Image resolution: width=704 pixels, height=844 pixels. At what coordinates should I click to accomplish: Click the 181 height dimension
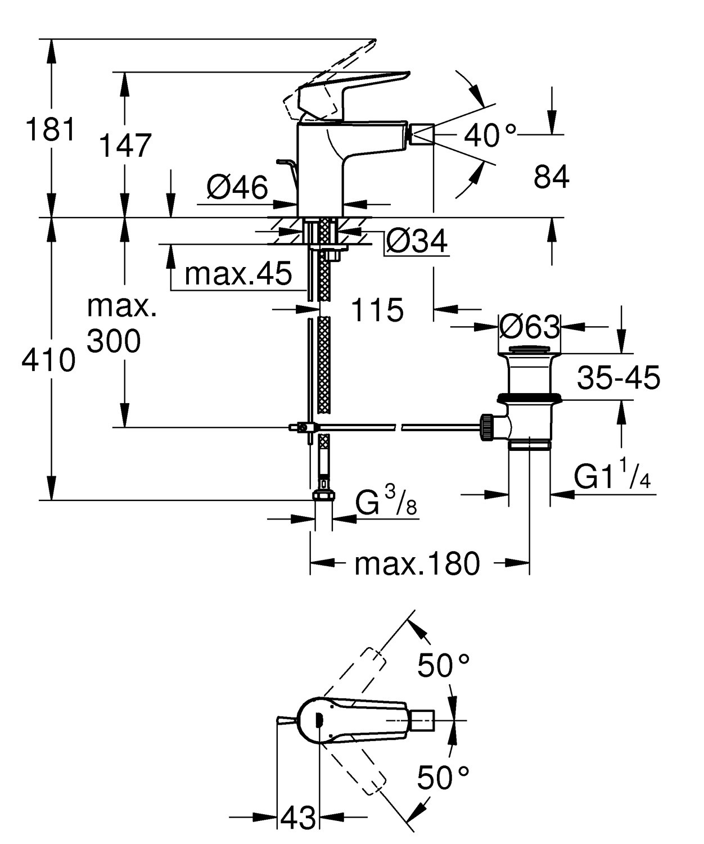[50, 130]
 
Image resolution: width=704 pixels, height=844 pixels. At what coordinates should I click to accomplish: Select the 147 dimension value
[125, 146]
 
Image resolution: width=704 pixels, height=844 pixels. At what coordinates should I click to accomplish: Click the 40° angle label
[490, 136]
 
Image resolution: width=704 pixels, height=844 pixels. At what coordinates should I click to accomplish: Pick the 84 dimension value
[551, 177]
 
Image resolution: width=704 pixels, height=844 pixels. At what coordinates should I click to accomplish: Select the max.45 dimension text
[238, 274]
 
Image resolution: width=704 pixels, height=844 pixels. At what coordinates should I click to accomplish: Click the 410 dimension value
[48, 360]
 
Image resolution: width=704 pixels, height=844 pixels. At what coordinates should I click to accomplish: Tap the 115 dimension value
[377, 310]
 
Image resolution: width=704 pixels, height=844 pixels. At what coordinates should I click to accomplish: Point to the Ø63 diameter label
[530, 327]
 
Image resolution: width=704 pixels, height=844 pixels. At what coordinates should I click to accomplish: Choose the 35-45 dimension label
[619, 378]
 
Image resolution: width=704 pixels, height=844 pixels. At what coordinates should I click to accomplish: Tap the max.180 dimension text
[417, 563]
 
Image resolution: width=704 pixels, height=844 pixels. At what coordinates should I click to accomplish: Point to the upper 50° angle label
[443, 666]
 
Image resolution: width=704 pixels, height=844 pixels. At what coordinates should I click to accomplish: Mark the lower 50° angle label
[443, 778]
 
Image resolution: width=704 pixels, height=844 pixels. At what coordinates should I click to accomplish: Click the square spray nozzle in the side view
[422, 136]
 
